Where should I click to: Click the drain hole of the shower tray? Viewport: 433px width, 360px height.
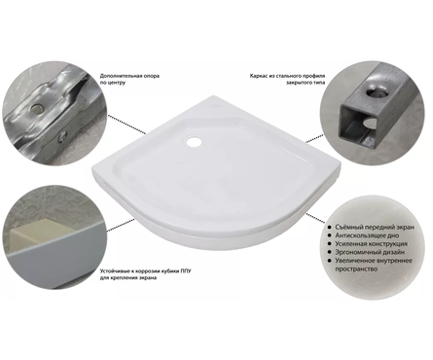pos(194,141)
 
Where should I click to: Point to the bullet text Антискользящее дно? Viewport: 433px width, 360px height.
pos(367,235)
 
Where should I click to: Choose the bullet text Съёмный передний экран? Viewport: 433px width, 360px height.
pos(375,227)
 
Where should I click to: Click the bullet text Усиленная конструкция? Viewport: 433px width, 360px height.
pos(371,244)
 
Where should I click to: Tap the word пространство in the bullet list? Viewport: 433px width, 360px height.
pos(356,270)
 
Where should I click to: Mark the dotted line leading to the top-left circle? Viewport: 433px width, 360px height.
pos(126,124)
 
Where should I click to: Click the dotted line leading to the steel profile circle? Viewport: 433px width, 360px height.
pos(315,138)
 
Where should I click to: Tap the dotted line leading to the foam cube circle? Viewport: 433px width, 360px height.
pos(122,225)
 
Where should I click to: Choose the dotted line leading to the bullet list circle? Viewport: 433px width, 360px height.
pos(315,218)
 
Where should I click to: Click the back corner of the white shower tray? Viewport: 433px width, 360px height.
pos(213,96)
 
